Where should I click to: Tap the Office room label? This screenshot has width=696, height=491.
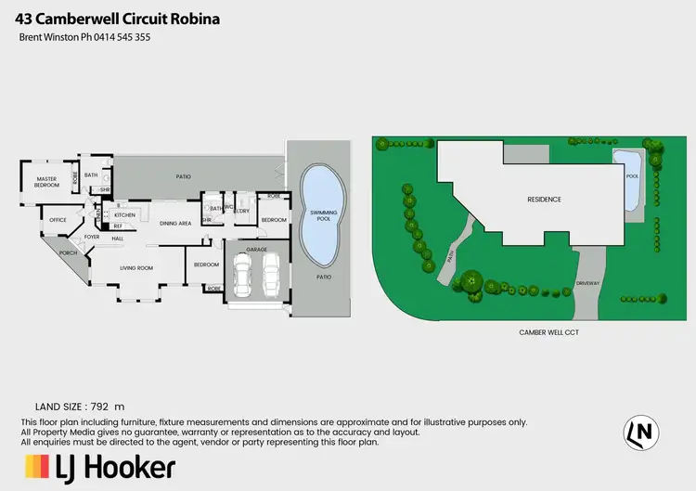(58, 220)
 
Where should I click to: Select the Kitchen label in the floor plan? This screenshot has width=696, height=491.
(125, 215)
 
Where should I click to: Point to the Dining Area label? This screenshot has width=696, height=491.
(175, 224)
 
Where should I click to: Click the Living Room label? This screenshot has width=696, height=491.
(136, 269)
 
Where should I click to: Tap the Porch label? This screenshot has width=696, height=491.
(67, 252)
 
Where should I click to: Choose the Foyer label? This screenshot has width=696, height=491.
(93, 238)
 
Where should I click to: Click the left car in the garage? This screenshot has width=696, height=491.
(243, 274)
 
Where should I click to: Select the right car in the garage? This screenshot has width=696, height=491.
(271, 274)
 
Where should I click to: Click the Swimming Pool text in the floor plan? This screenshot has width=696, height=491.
(319, 216)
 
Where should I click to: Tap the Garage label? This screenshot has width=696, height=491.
(257, 250)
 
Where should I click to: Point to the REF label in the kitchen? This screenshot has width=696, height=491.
(118, 226)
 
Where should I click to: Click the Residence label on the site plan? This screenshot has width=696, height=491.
(545, 200)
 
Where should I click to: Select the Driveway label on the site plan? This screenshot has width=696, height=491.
(588, 282)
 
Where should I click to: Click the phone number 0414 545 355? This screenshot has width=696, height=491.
(117, 37)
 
